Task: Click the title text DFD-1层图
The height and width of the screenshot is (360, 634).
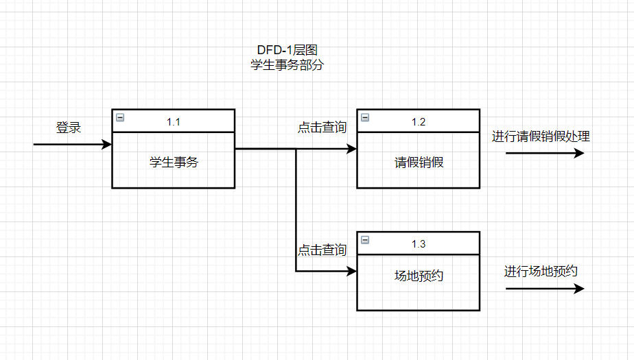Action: pos(286,51)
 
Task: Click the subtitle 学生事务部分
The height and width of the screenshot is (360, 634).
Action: pos(286,66)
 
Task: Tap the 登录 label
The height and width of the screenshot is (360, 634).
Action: pos(68,128)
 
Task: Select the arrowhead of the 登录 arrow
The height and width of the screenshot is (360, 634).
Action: pos(107,145)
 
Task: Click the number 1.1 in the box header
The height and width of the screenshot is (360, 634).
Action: pos(173,121)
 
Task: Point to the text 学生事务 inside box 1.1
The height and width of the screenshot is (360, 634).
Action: pos(173,163)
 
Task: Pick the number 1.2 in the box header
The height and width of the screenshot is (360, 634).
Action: pos(419,121)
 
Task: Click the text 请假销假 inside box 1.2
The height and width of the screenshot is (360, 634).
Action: pos(419,163)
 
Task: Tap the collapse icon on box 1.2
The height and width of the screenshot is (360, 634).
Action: pos(365,118)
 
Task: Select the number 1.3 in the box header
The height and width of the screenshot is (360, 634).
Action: pos(419,245)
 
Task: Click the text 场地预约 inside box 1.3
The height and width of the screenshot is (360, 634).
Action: pos(419,276)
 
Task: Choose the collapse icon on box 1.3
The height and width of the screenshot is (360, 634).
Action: pos(365,240)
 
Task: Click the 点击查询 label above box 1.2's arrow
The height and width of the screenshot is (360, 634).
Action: pos(322,128)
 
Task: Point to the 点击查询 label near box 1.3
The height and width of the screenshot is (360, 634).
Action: pos(322,250)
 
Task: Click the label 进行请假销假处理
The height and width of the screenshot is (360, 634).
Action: pos(541,136)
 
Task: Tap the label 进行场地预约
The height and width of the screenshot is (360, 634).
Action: pos(541,272)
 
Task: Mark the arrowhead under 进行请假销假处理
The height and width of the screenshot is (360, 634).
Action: pos(580,153)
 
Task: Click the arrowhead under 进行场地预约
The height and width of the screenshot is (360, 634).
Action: pos(580,289)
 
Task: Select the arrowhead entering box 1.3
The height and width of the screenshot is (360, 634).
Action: pos(353,272)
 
